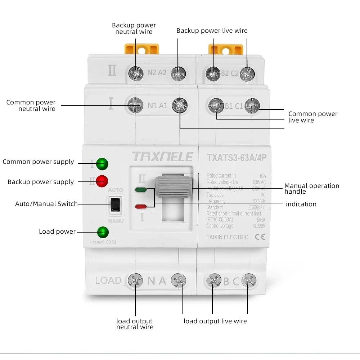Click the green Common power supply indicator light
(102, 164)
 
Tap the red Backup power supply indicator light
(102, 181)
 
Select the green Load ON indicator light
(103, 232)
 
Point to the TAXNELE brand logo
(162, 157)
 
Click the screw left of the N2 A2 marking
(136, 74)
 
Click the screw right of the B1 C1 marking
(252, 105)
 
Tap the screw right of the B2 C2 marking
(247, 73)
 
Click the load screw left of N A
(135, 280)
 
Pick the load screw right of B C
(249, 280)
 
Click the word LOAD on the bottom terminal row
(108, 280)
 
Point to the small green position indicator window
(140, 189)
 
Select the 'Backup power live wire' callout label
(212, 31)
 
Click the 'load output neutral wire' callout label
(135, 324)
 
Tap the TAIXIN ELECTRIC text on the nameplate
(227, 237)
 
